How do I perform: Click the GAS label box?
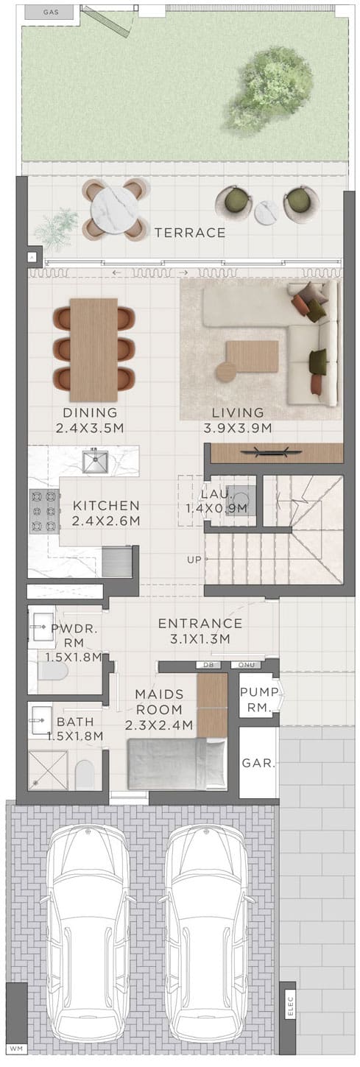(x=52, y=13)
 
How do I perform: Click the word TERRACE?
(x=190, y=233)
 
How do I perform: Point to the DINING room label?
(x=90, y=412)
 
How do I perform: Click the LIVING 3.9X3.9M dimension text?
(x=238, y=429)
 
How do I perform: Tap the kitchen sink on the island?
(x=95, y=461)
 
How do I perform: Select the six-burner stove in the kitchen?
(x=44, y=511)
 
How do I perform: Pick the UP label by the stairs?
(x=194, y=560)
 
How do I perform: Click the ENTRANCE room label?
(x=200, y=623)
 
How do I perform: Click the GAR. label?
(x=258, y=763)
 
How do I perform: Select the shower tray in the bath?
(x=48, y=770)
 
